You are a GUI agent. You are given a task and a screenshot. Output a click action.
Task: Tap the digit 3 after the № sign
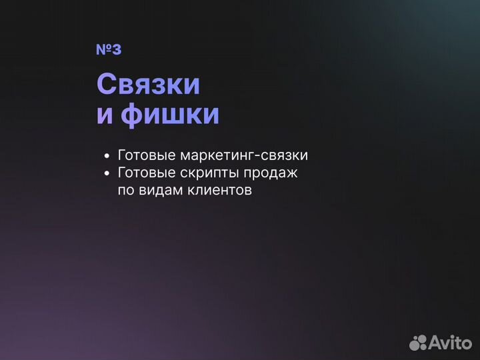coord(117,50)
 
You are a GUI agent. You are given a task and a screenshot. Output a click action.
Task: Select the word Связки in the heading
coord(148,85)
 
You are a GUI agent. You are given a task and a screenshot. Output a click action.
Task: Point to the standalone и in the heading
coord(106,115)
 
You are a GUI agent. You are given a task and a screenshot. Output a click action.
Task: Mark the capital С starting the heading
coord(106,85)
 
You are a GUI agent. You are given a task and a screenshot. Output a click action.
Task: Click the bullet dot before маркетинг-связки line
coord(107,156)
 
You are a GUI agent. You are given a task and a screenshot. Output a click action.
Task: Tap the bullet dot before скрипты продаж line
coord(107,173)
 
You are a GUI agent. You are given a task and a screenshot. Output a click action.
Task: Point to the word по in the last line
coord(125,190)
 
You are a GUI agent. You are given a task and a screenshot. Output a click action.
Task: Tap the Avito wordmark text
coord(451,342)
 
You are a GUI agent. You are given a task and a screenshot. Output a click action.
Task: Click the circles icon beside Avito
coord(418,342)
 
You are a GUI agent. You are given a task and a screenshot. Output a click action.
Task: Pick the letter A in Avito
coord(436,342)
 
